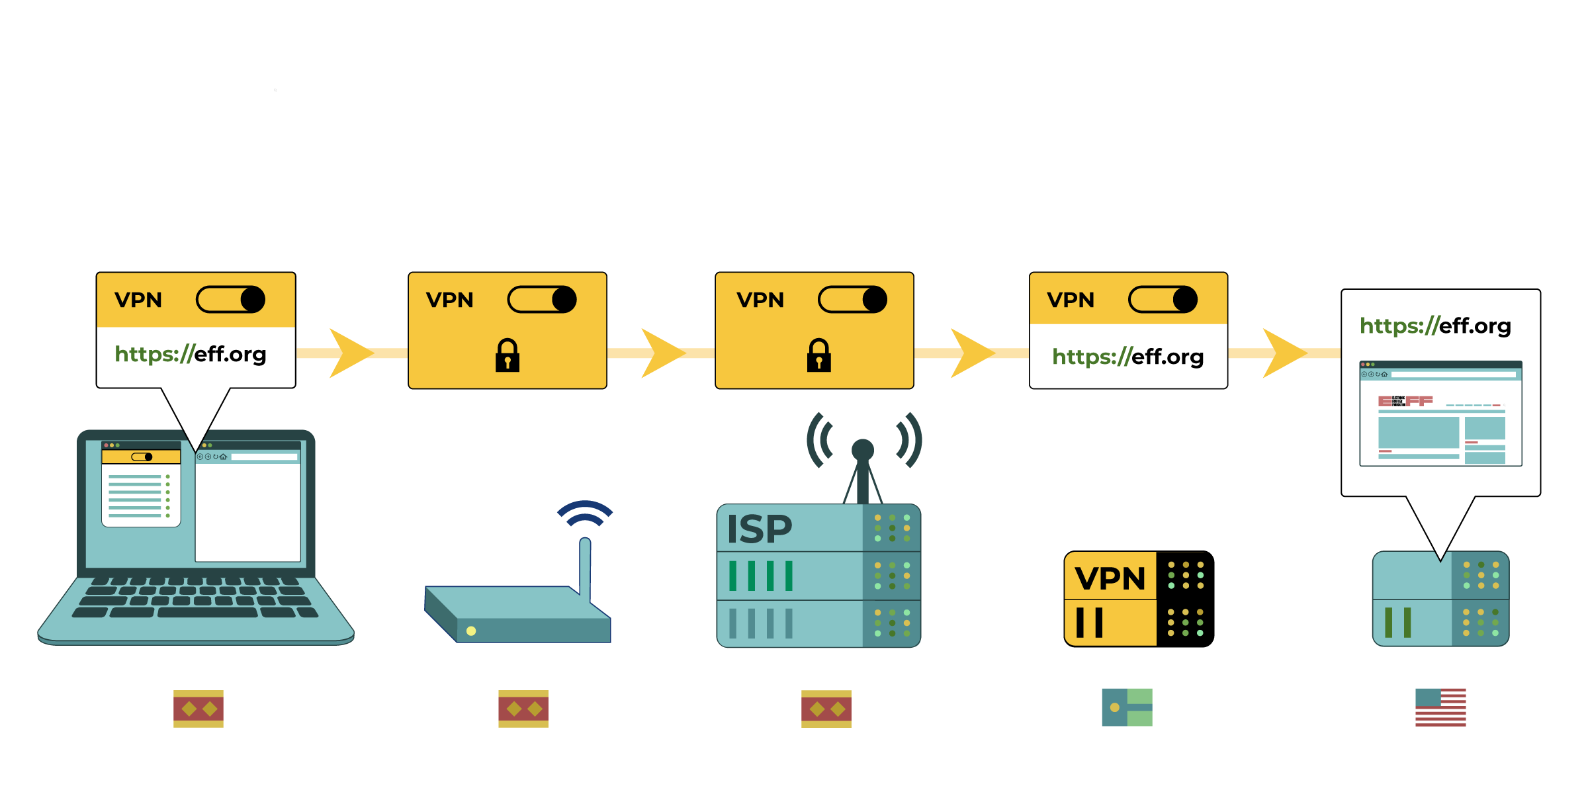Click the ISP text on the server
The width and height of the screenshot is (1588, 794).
(760, 529)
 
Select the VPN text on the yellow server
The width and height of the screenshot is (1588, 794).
(1110, 579)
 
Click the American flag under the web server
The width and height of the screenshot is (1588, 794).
(1440, 707)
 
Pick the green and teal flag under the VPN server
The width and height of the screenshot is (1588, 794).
(1127, 707)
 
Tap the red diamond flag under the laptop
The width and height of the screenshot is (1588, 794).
(198, 709)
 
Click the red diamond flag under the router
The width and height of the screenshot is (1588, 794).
(523, 709)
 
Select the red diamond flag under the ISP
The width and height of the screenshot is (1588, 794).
(826, 709)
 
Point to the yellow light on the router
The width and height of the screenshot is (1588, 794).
(471, 631)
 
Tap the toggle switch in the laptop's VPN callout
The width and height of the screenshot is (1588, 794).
(231, 300)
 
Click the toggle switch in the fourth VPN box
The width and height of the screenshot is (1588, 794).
(1163, 300)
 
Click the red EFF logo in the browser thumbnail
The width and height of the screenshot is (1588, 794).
(1405, 401)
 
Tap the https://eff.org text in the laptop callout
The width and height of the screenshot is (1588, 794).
(191, 354)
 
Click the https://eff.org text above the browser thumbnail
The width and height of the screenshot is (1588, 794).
(1435, 326)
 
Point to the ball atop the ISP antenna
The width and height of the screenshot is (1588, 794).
(863, 450)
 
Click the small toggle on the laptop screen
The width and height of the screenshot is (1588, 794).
(142, 457)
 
